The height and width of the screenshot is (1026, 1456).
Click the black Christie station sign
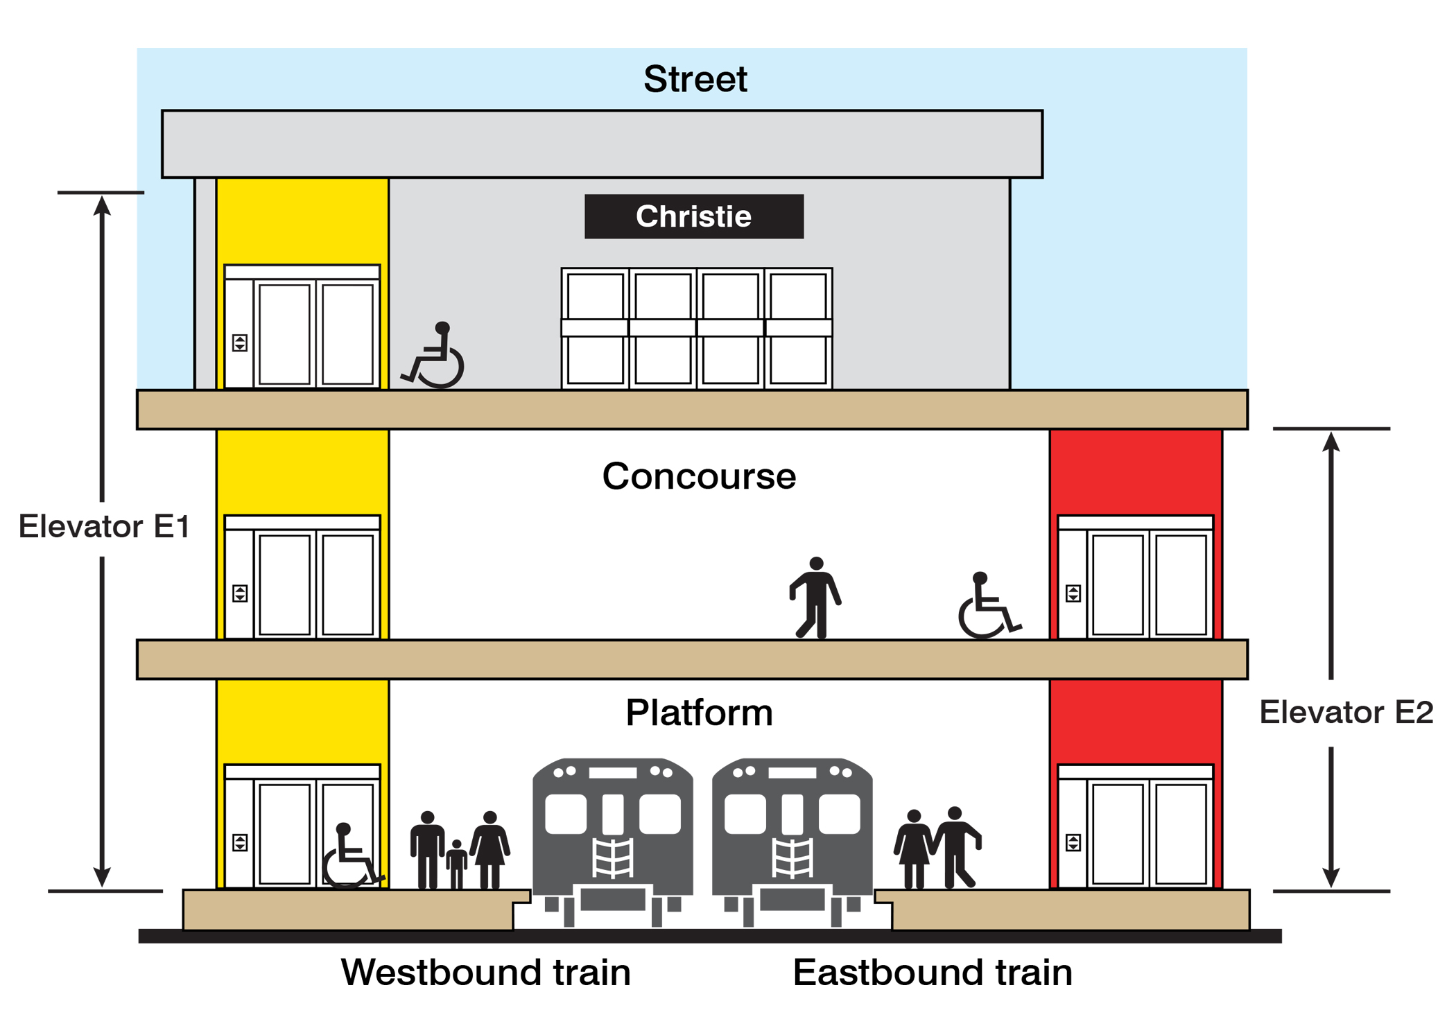tap(693, 216)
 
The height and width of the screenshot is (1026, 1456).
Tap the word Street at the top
tap(695, 79)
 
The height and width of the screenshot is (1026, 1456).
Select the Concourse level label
tap(699, 477)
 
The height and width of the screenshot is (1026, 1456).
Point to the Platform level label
tap(699, 713)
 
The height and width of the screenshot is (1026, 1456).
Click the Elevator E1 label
tap(104, 527)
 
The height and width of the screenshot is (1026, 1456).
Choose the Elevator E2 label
tap(1346, 713)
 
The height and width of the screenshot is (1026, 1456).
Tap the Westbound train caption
tap(485, 973)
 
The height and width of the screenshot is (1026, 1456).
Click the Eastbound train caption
tap(933, 973)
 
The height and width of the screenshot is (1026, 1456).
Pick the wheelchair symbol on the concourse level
tap(986, 606)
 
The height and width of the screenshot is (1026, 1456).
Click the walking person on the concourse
tap(815, 597)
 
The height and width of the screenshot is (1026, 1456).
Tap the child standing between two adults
tap(456, 863)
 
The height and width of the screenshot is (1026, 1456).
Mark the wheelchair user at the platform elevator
tap(350, 856)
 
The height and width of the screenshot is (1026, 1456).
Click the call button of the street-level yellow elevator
tap(240, 342)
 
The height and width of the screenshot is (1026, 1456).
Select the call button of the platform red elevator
tap(1073, 843)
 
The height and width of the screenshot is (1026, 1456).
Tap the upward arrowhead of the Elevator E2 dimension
tap(1331, 442)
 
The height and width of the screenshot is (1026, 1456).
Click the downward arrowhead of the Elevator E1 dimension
tap(102, 877)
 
